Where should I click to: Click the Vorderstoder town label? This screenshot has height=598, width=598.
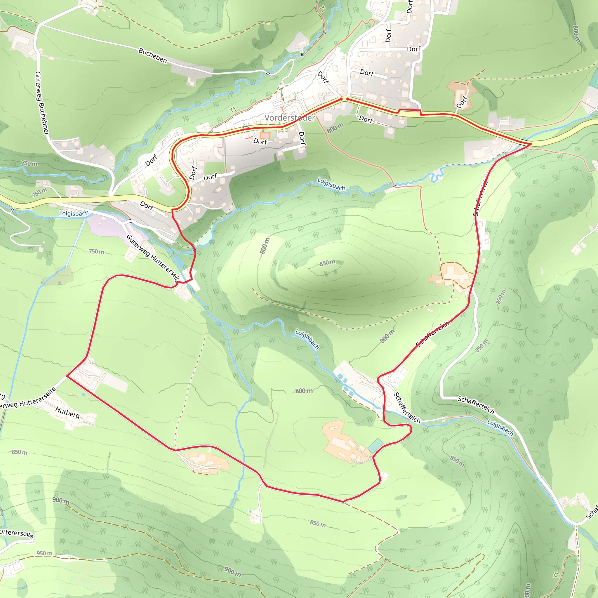coord(289,118)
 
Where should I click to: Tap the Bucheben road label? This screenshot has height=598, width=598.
coord(153,56)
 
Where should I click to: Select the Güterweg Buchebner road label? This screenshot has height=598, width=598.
coord(42,103)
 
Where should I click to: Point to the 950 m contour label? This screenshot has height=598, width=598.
coord(45,553)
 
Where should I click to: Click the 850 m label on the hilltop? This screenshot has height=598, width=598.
coord(328,263)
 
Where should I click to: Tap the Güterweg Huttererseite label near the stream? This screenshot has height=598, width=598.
coord(153,259)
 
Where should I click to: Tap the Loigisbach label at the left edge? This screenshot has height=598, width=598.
coord(74,213)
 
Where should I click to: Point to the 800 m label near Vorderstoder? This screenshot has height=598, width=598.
coord(335,128)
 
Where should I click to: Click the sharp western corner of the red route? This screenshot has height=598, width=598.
coord(67,376)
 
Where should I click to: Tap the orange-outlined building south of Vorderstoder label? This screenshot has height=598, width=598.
coord(265,135)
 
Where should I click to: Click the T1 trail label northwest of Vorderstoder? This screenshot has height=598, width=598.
coord(233,109)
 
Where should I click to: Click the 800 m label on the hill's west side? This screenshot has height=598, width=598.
coord(265,246)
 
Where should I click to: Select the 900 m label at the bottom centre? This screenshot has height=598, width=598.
coord(233,571)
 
